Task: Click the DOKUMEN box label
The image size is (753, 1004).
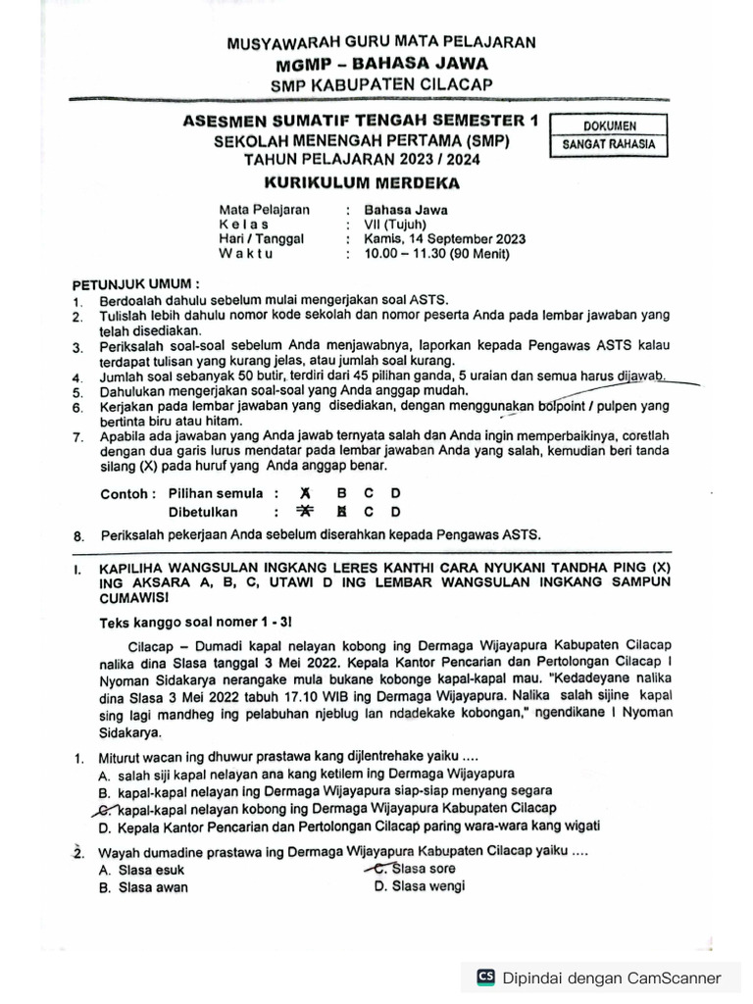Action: [609, 126]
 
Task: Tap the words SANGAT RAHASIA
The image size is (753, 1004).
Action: [609, 146]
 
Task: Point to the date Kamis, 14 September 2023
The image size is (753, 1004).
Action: [444, 238]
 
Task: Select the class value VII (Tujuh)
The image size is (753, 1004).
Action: [395, 224]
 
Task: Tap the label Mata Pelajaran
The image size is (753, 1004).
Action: [264, 209]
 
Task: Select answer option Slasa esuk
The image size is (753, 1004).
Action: [150, 870]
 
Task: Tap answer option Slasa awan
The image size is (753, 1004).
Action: [152, 887]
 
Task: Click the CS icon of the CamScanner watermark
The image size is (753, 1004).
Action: [485, 977]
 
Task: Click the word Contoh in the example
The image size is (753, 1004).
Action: [127, 493]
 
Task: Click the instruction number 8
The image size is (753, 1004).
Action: [78, 535]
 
